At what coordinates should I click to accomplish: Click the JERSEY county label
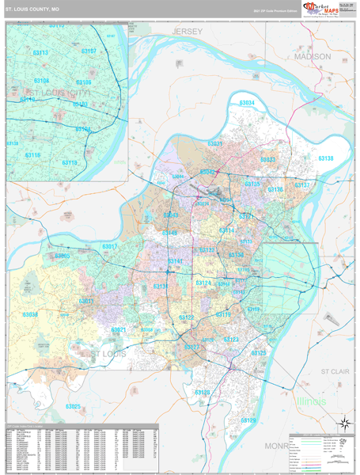[x=188, y=31]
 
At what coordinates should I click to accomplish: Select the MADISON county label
[x=312, y=57]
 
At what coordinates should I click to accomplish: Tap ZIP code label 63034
[x=247, y=104]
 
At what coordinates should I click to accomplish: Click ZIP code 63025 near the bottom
[x=74, y=407]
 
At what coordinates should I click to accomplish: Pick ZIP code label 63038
[x=30, y=314]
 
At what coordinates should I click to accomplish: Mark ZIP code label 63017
[x=109, y=247]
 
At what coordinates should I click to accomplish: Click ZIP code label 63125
[x=259, y=353]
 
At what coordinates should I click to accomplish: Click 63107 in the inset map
[x=89, y=51]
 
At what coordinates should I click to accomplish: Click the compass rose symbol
[x=344, y=423]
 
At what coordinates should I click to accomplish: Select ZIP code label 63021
[x=119, y=329]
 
